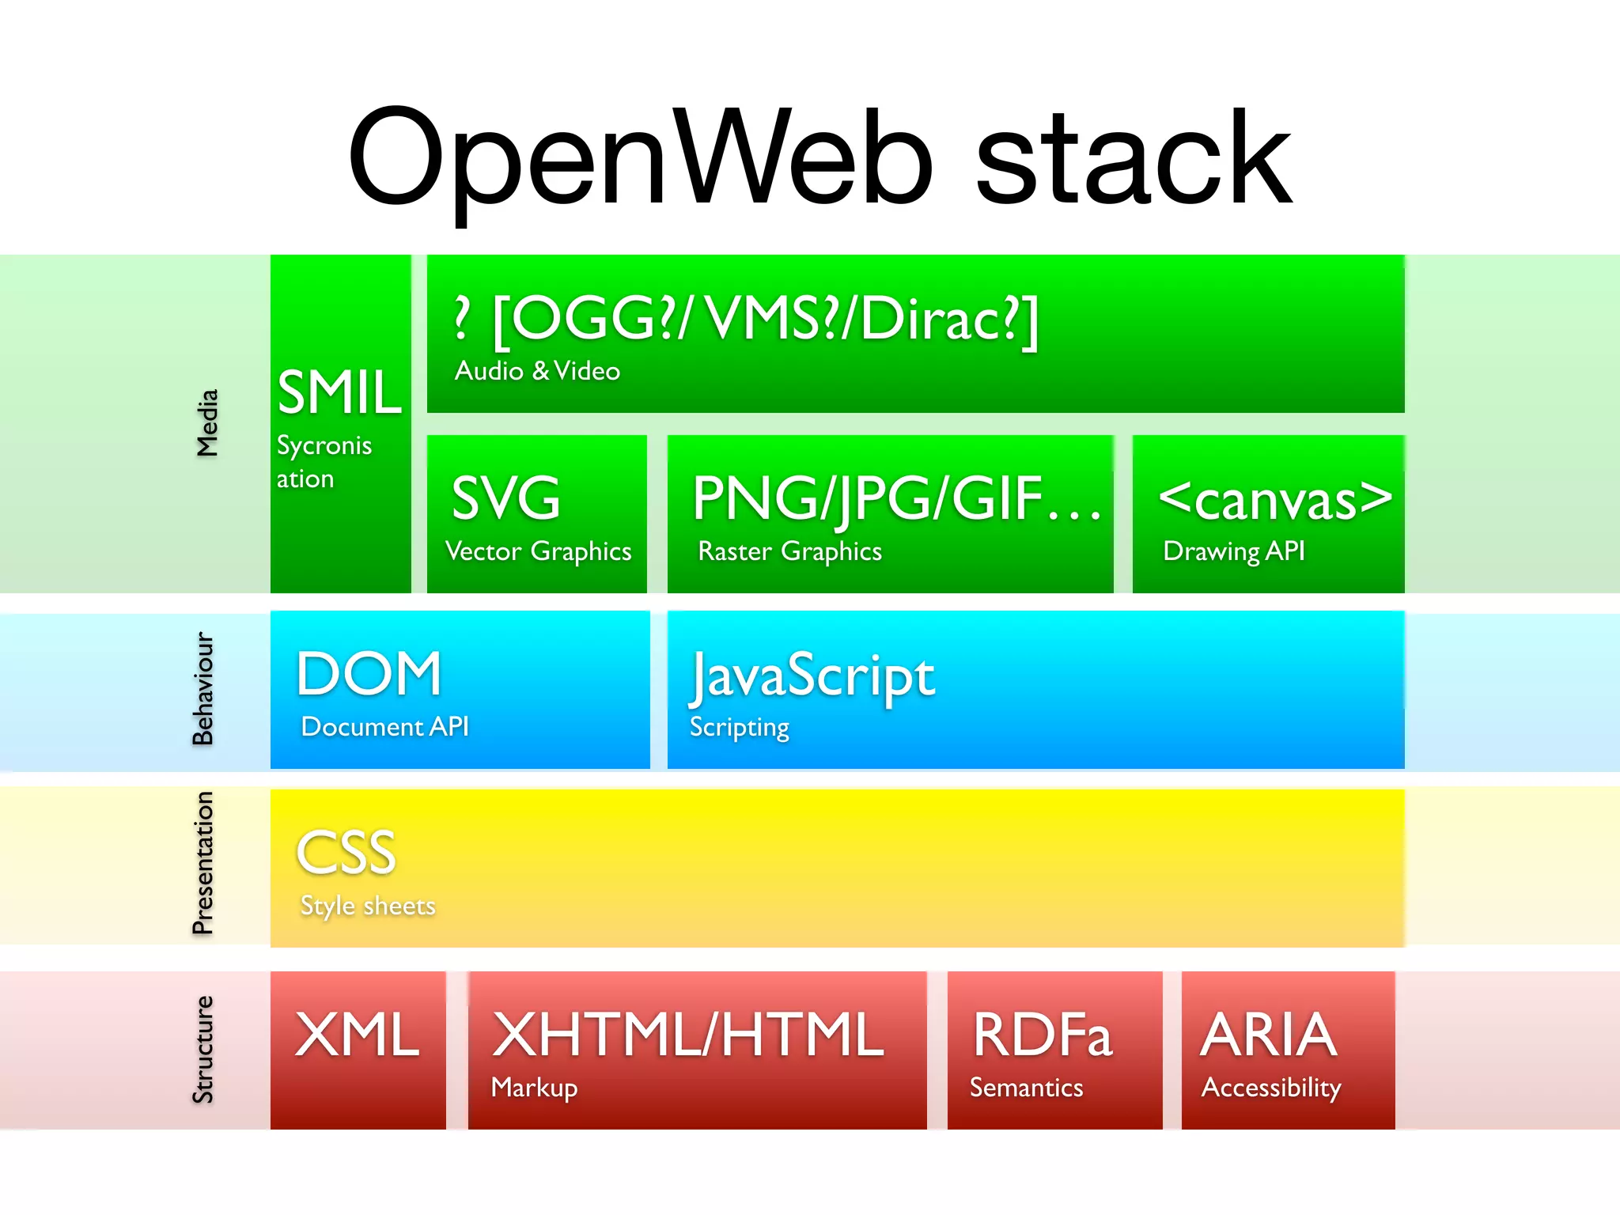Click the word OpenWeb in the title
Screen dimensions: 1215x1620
(x=641, y=158)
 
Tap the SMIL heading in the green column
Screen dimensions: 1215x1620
(x=340, y=392)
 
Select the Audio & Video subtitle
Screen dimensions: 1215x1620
(x=537, y=371)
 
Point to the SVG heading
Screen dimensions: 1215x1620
(x=506, y=498)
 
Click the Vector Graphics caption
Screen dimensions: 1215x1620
(x=538, y=551)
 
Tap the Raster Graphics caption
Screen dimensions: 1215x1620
(x=789, y=551)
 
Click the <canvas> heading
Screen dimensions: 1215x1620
(x=1274, y=500)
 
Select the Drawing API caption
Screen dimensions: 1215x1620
(x=1233, y=551)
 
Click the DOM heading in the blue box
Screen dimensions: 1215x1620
(x=369, y=674)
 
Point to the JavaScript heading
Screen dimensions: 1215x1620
(x=812, y=676)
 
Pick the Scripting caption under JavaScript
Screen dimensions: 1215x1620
(x=739, y=727)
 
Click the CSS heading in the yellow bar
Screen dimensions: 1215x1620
(x=346, y=853)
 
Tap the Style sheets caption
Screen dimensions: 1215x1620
(x=368, y=906)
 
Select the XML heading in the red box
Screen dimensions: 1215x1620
(x=358, y=1034)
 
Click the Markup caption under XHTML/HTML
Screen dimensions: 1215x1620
(x=534, y=1088)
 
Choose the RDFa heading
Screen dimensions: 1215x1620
(x=1043, y=1034)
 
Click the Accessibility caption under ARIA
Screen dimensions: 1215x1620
(x=1270, y=1088)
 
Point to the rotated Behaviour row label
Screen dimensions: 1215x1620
(x=203, y=688)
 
